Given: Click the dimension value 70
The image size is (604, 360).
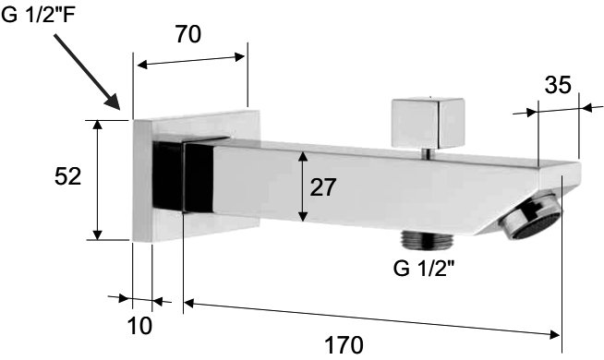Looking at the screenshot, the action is click(188, 34).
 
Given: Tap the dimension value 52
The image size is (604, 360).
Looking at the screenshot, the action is click(67, 176).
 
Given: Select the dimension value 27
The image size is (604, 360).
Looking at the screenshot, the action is click(323, 187).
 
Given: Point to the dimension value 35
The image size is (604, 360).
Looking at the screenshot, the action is click(558, 85).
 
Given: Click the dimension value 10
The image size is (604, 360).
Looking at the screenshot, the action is click(139, 326).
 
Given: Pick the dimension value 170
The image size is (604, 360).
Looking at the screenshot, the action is click(344, 344).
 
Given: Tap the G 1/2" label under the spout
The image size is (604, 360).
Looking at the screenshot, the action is click(424, 269).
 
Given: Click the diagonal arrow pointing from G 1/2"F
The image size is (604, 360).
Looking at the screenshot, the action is click(87, 72).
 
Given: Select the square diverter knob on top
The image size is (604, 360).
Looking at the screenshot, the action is click(428, 123).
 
